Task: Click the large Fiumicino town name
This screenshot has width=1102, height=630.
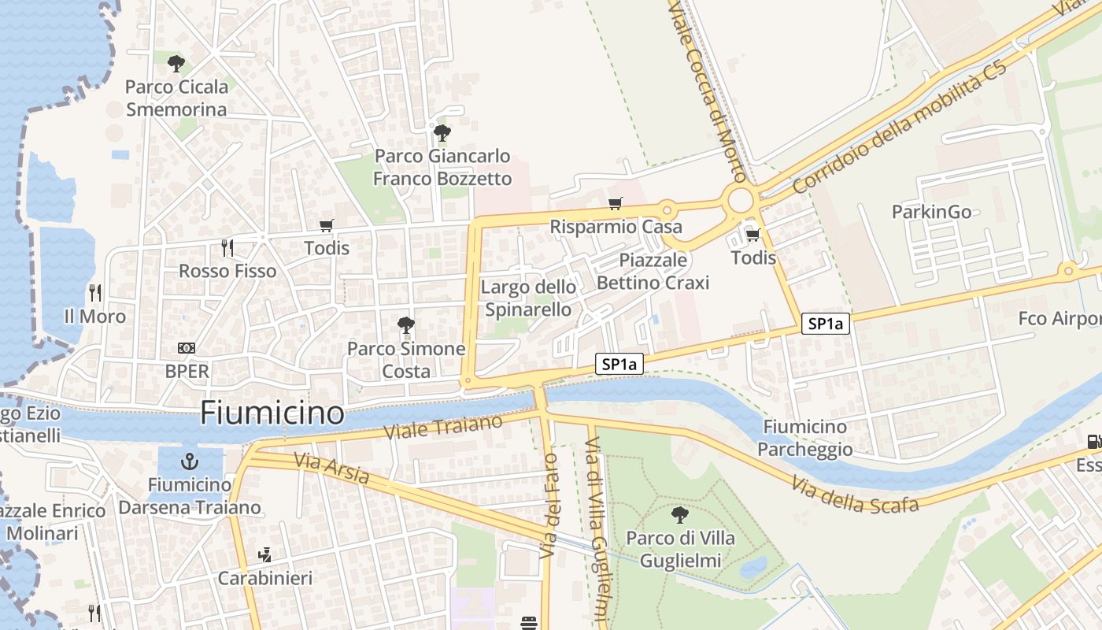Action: tap(272, 413)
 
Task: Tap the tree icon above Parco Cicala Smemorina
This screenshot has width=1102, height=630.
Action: tap(176, 63)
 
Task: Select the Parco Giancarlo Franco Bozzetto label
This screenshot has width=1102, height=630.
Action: tap(442, 167)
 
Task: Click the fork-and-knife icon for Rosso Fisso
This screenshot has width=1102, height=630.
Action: tap(227, 248)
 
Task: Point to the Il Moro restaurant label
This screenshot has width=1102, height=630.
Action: tap(94, 316)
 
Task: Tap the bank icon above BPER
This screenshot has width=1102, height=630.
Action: tap(187, 347)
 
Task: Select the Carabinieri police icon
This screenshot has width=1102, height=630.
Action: tap(264, 555)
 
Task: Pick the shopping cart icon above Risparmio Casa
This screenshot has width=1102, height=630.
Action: tap(616, 204)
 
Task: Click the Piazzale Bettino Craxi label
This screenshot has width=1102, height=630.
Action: tap(653, 271)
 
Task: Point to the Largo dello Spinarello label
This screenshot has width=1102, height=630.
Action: tap(528, 298)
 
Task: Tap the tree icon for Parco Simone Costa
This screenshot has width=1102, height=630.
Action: tap(405, 324)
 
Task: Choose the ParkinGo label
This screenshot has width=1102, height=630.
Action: tap(931, 211)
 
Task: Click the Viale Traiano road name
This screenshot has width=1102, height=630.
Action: tap(442, 427)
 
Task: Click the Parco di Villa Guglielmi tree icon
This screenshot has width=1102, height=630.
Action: tap(679, 515)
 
